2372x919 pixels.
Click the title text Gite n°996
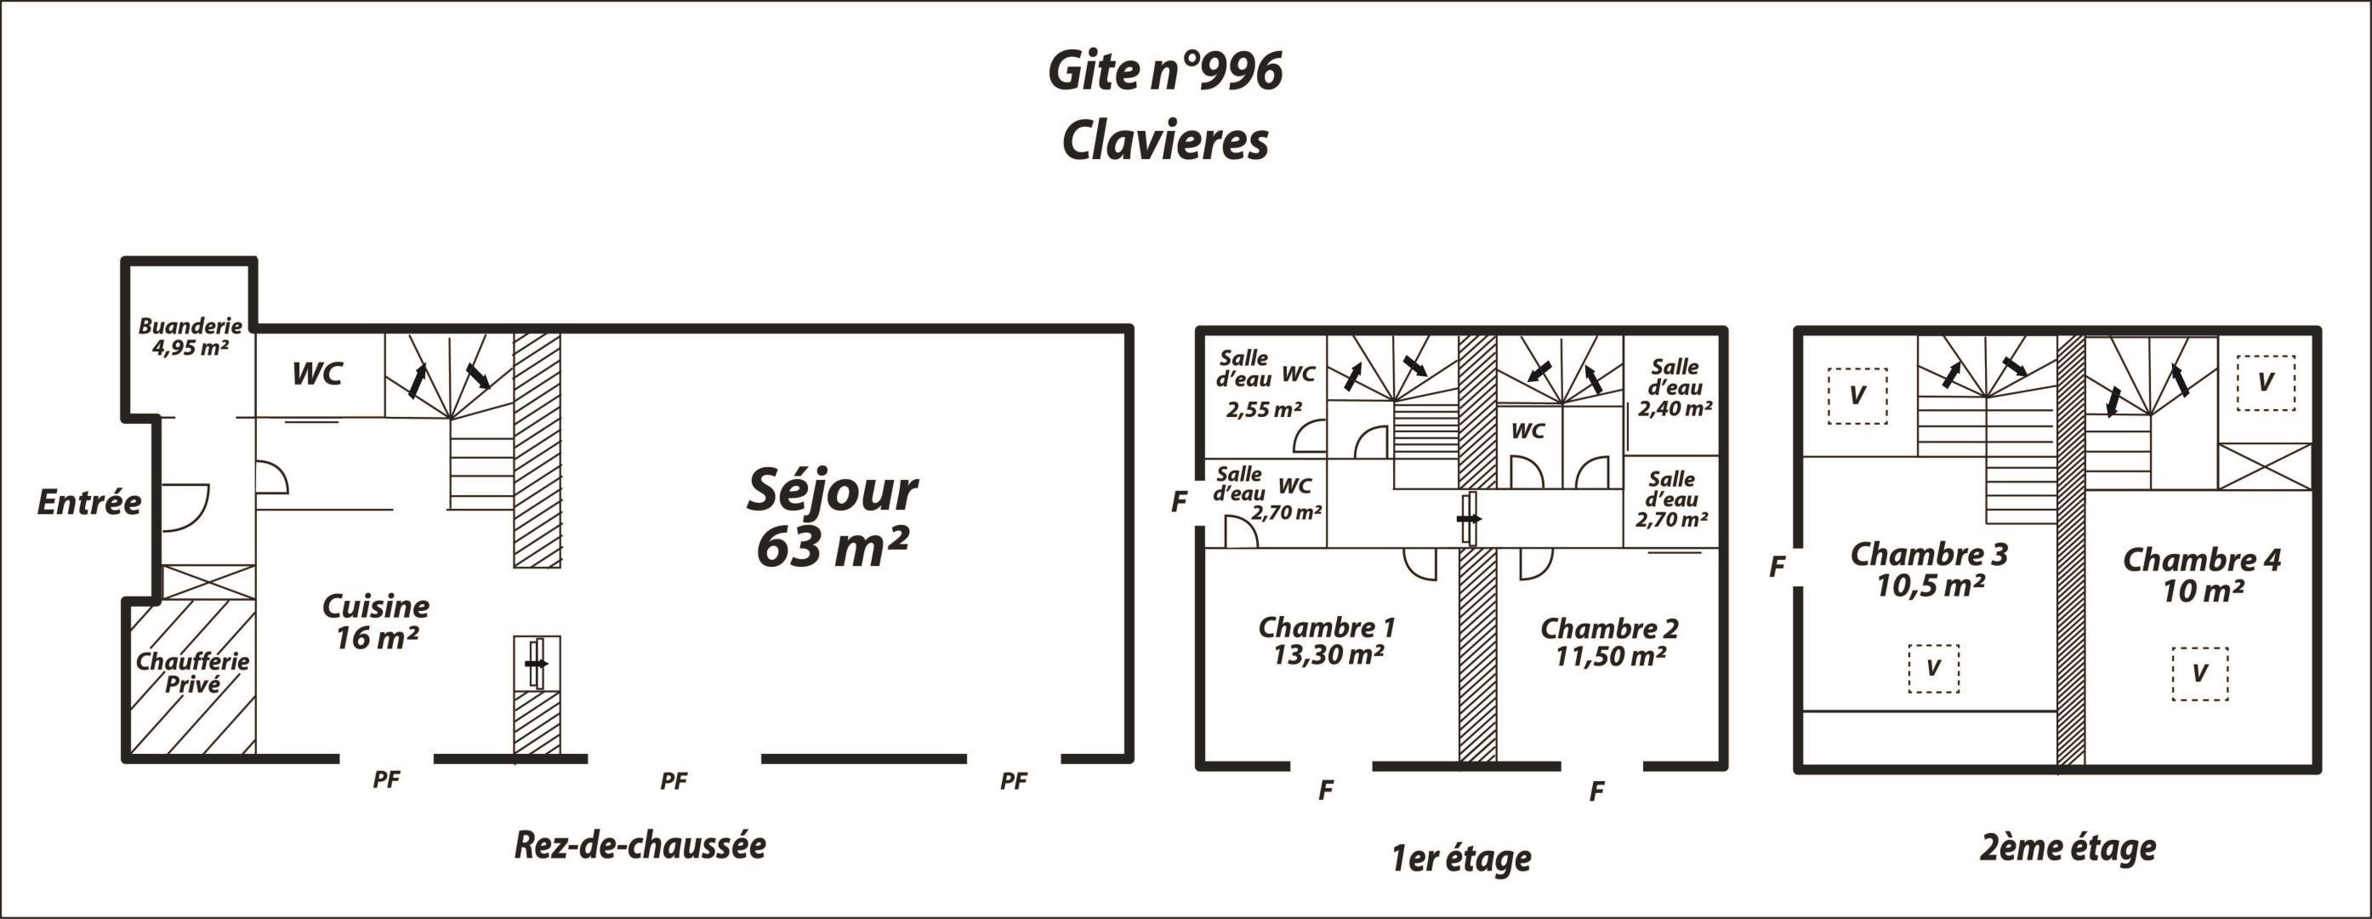click(x=1165, y=71)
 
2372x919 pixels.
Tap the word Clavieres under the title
click(x=1166, y=141)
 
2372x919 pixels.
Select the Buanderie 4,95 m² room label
click(x=191, y=336)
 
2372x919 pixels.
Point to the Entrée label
click(x=89, y=502)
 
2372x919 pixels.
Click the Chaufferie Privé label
click(x=192, y=672)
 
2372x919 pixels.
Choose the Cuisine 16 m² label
click(x=376, y=621)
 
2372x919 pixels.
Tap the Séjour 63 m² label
click(x=833, y=518)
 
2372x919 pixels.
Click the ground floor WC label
click(x=318, y=374)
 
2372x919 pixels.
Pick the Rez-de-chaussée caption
click(x=640, y=845)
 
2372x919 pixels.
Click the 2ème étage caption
click(x=2068, y=848)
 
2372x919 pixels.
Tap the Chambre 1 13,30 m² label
click(x=1327, y=640)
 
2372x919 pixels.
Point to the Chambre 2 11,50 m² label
click(x=1610, y=642)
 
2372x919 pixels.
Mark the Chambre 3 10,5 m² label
click(x=1929, y=569)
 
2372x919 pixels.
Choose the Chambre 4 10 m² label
click(x=2202, y=574)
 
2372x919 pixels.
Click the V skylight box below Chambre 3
click(x=1934, y=669)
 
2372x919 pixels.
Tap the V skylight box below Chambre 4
click(x=2200, y=674)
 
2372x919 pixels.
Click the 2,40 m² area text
click(x=1675, y=408)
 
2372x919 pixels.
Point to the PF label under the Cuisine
click(x=387, y=779)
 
